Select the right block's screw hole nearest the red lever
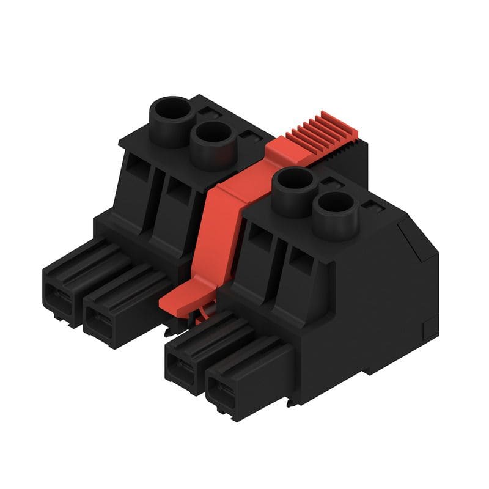pos(292,182)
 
